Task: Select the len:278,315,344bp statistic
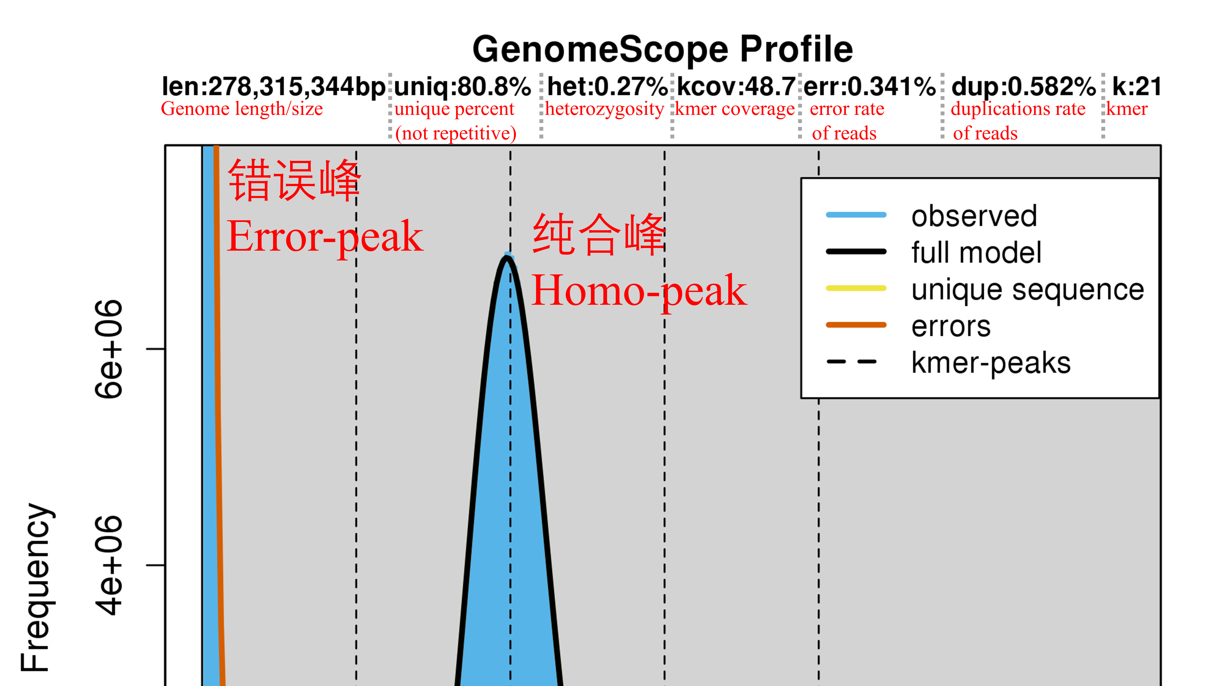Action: [274, 87]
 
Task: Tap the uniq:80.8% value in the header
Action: [462, 87]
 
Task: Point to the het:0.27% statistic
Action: [607, 87]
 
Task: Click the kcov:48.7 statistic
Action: [736, 87]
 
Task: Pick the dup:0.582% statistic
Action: [1023, 87]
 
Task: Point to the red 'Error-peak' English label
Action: [325, 237]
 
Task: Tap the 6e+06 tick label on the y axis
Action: [109, 349]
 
